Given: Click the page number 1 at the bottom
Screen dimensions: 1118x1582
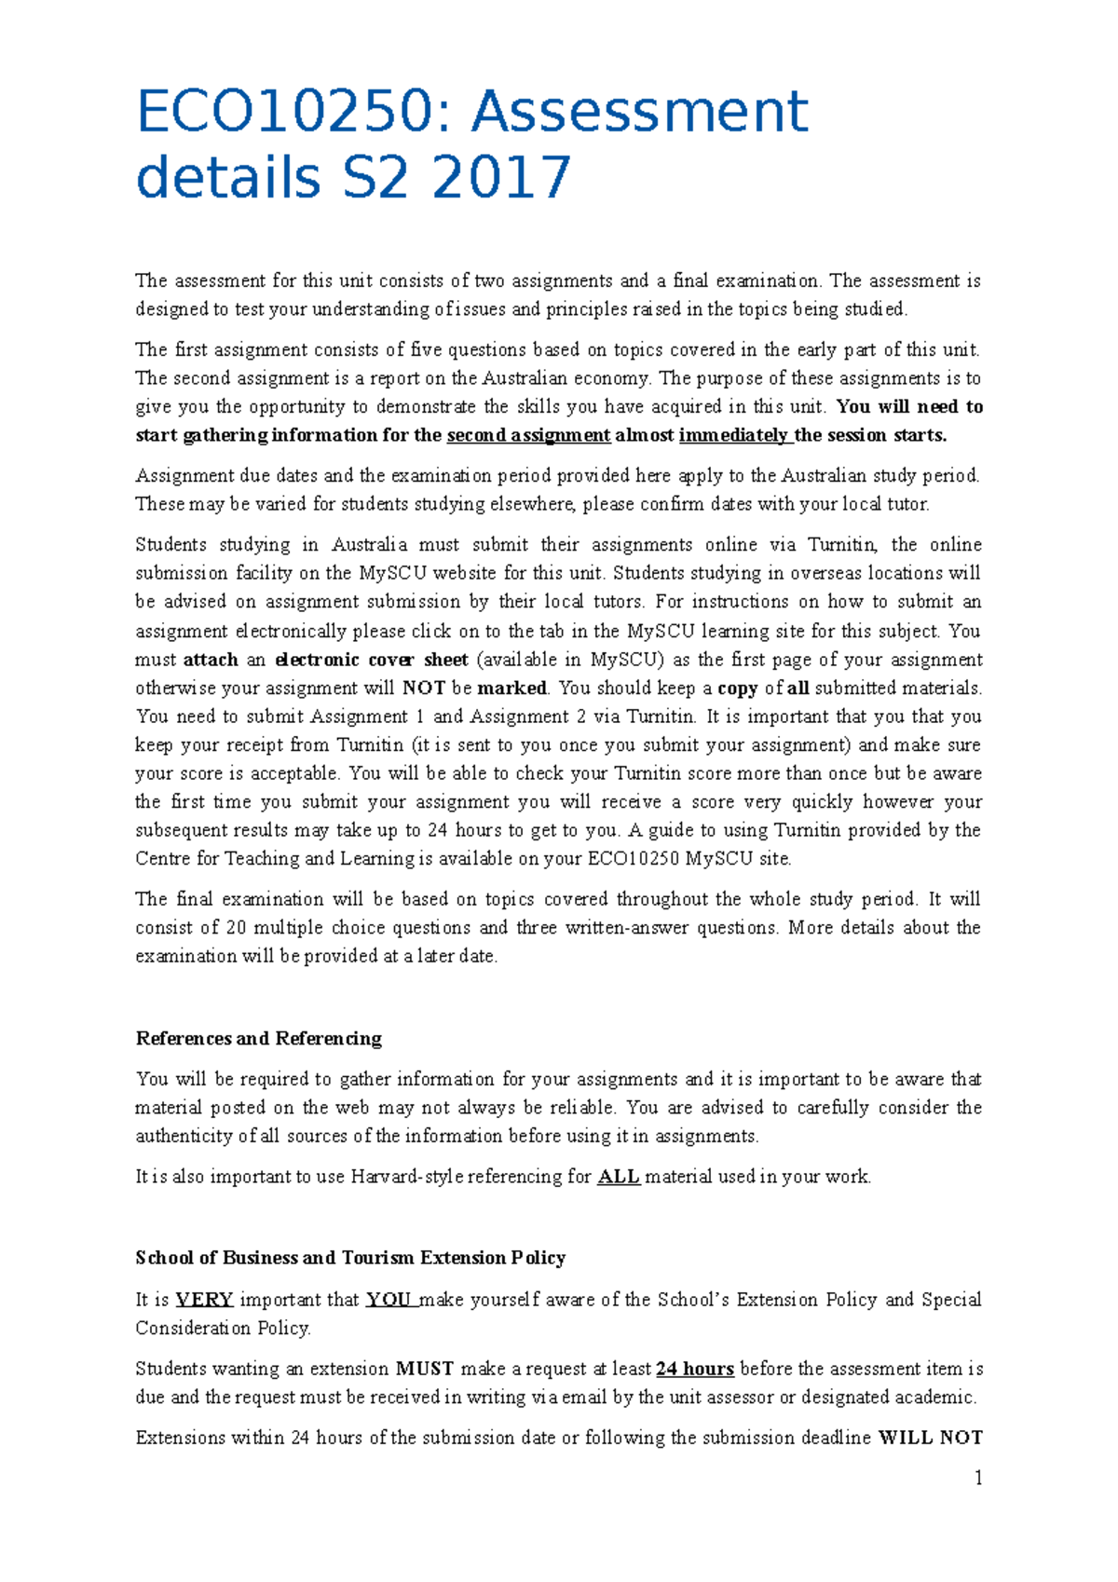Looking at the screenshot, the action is point(977,1478).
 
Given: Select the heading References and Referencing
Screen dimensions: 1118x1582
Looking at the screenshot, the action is point(258,1038).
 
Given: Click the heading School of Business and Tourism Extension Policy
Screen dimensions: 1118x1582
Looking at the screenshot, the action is point(350,1258).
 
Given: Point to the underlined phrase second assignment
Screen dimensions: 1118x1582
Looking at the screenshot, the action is point(528,435).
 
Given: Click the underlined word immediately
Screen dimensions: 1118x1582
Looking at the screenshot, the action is point(733,435).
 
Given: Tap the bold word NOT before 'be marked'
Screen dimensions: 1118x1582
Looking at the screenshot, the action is point(423,689).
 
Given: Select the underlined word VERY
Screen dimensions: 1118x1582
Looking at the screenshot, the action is point(204,1300).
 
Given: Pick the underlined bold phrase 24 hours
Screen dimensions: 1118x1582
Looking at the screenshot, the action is point(695,1369).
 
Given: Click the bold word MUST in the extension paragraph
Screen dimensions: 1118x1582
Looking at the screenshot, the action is point(424,1369).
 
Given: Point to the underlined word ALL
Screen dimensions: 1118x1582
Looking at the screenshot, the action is point(618,1177).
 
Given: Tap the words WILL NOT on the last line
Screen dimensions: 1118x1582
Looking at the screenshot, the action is point(930,1438).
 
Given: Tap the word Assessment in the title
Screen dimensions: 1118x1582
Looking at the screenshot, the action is point(640,112).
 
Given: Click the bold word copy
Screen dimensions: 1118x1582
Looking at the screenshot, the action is point(738,689).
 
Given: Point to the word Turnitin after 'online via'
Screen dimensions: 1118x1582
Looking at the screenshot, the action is point(841,545).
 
